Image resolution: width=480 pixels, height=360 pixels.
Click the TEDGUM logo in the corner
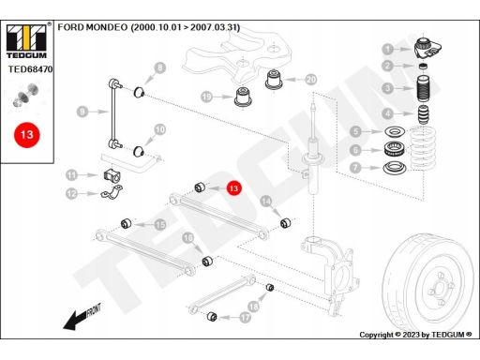27,41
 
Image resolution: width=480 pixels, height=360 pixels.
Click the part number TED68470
30,69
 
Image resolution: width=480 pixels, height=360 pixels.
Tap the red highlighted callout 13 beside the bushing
233,188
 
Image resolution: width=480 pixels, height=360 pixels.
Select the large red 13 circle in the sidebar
27,135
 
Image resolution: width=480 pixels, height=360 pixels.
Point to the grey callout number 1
388,49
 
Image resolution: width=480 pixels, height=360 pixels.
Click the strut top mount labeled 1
427,48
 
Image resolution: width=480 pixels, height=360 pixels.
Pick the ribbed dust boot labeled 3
424,88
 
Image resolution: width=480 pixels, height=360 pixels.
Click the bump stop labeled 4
424,114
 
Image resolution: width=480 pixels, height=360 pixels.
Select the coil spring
423,148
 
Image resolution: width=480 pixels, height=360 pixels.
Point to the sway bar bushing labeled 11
111,175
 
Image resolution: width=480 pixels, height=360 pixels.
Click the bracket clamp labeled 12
112,192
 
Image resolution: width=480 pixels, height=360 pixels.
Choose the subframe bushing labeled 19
244,97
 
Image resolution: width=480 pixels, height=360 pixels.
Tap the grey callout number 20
311,80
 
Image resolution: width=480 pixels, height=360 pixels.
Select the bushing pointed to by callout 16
207,261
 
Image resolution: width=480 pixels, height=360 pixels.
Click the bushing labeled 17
212,316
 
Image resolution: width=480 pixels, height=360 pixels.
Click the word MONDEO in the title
107,27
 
